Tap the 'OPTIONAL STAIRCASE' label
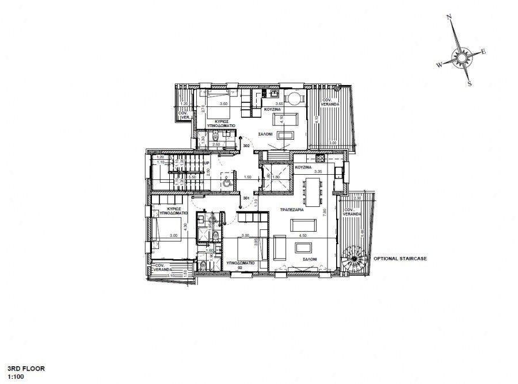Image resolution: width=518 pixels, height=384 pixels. pos(400,259)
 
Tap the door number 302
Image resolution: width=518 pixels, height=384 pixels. pos(246,147)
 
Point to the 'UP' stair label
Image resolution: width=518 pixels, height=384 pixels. pos(206,163)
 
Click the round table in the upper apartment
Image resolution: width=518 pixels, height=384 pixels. pos(294,99)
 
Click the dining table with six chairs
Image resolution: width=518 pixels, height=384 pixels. pos(314,191)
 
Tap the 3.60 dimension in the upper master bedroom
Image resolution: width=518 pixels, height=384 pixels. pos(219,104)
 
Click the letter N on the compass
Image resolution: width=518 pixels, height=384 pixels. pos(450,18)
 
